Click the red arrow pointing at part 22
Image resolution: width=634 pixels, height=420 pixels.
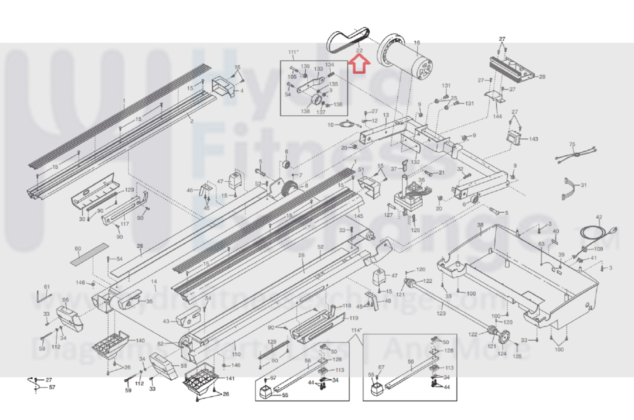[x=359, y=65]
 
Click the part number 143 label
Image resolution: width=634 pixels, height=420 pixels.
[x=533, y=139]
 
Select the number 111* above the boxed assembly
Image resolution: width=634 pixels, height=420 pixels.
[x=293, y=52]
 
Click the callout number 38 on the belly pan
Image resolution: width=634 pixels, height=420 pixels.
[x=480, y=225]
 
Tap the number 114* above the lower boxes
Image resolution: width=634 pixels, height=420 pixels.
[x=356, y=330]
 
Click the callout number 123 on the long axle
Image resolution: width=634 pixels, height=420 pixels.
[x=441, y=313]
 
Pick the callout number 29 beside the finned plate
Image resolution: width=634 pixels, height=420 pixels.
[x=542, y=77]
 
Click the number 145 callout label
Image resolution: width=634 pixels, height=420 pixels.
[x=358, y=216]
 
